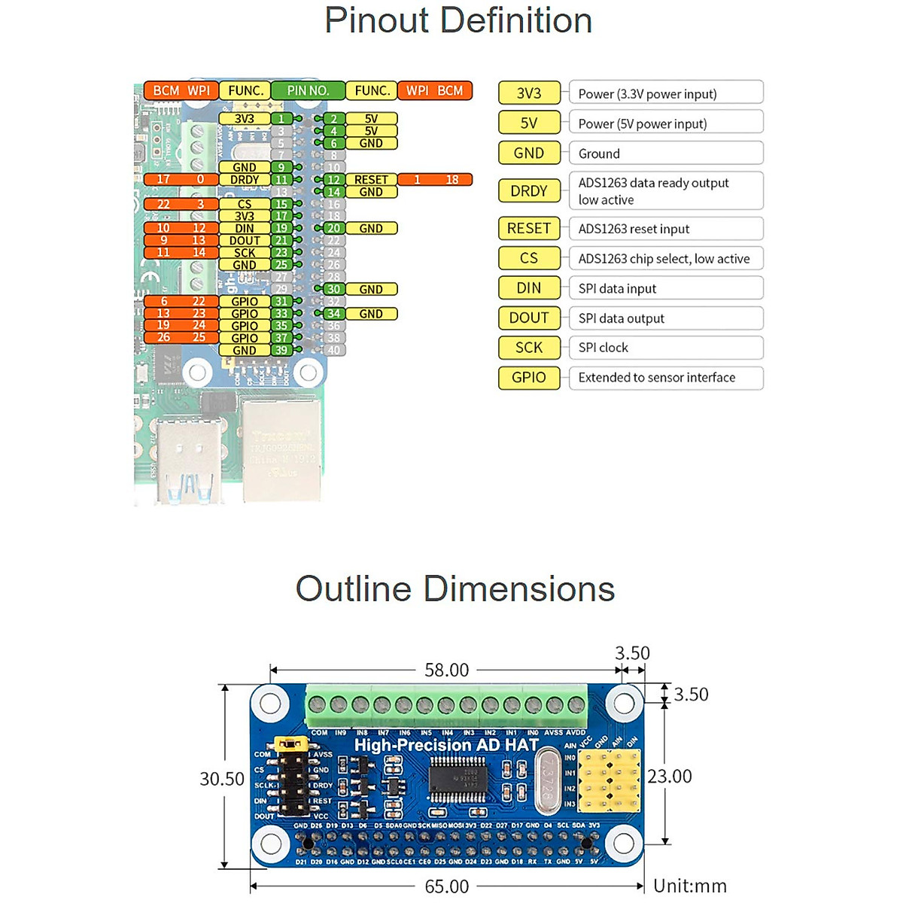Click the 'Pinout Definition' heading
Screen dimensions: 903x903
point(458,20)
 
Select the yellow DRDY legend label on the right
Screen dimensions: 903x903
point(529,191)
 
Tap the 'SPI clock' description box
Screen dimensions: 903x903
point(666,348)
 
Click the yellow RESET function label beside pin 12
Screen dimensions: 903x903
point(371,180)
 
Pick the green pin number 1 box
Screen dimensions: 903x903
point(281,119)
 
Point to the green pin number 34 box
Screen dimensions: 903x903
point(334,314)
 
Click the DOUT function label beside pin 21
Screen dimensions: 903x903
point(245,241)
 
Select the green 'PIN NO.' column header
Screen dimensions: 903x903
point(308,90)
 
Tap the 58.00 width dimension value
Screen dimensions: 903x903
point(446,670)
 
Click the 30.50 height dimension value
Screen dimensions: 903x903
point(222,779)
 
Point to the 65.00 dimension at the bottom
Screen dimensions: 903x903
point(446,886)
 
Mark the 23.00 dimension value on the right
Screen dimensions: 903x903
point(670,776)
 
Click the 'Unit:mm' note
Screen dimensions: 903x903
point(690,886)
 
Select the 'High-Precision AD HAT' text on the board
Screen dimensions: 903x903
point(446,745)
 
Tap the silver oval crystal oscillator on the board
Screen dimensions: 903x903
point(548,783)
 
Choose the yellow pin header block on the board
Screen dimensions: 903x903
point(610,781)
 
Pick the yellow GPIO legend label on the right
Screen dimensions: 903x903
point(529,378)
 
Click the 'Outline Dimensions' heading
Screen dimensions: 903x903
point(455,589)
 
